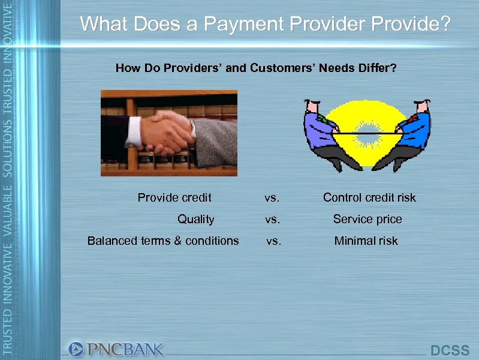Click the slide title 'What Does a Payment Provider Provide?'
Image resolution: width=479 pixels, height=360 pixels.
[x=264, y=25]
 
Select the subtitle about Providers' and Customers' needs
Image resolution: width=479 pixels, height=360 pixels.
[x=255, y=68]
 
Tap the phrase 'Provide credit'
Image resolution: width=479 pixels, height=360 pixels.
[x=174, y=197]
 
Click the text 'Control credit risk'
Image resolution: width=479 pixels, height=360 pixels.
[x=369, y=197]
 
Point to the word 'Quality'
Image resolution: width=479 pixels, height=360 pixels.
[x=195, y=219]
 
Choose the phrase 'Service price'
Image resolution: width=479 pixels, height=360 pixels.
[x=367, y=219]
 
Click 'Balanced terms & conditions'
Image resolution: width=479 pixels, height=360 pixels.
[x=163, y=241]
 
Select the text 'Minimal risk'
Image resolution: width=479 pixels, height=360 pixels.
[x=366, y=241]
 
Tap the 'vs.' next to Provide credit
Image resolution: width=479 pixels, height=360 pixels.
[x=272, y=198]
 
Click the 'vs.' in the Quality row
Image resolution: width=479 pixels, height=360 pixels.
[x=272, y=220]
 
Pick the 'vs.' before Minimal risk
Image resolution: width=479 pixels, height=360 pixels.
[x=273, y=241]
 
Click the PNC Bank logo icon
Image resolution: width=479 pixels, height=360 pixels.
[x=76, y=349]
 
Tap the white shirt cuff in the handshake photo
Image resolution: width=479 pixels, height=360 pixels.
[x=134, y=130]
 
